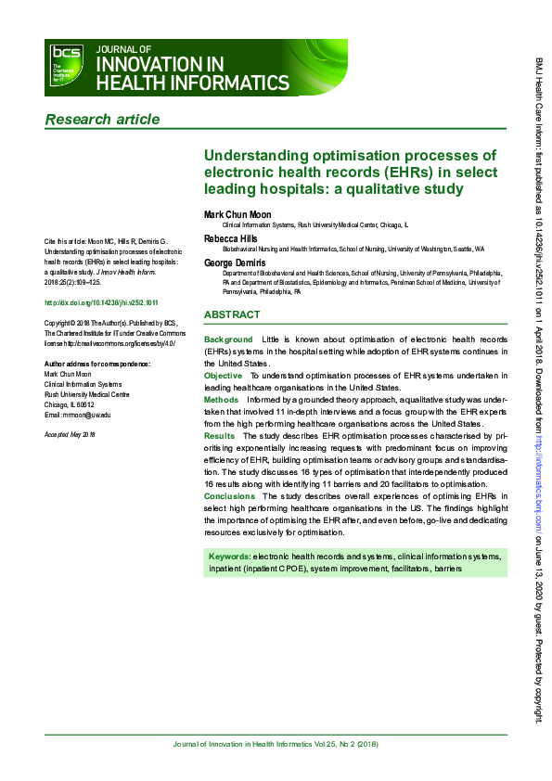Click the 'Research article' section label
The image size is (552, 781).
[102, 119]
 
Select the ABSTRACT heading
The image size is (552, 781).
[232, 314]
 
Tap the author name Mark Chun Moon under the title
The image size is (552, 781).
[237, 214]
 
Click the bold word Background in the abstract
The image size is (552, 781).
[228, 340]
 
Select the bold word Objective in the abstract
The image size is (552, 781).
[224, 375]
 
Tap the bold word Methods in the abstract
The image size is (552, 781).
[221, 399]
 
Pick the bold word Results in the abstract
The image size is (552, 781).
[219, 434]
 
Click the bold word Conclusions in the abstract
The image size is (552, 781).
[228, 496]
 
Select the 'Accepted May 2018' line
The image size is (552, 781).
[71, 434]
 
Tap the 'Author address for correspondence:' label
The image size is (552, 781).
[97, 364]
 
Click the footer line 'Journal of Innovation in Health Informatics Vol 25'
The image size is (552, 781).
[276, 745]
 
